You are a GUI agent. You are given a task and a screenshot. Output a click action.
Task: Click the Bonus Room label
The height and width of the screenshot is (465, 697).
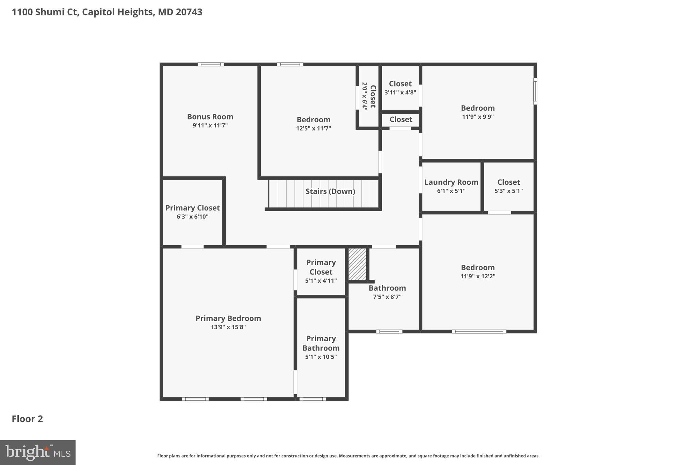[210, 117]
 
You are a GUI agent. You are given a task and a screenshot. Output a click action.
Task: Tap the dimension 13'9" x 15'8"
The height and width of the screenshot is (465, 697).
[228, 327]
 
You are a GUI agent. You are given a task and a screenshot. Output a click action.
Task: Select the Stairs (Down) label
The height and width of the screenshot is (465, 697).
[330, 191]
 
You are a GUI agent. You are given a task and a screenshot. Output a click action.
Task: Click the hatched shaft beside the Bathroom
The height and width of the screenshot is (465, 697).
[357, 264]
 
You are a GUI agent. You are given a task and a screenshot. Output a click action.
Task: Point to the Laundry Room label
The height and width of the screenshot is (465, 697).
[451, 182]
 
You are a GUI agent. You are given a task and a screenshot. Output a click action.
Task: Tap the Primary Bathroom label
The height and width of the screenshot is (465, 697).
[321, 343]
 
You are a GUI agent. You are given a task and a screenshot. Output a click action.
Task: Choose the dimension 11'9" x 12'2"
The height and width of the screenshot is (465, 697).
[477, 276]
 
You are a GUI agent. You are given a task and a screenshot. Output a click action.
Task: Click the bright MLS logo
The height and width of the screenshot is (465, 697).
[38, 452]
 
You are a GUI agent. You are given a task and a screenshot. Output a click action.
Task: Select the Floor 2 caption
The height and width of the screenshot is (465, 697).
[27, 419]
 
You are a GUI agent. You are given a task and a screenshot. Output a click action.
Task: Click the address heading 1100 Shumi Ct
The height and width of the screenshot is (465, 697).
[107, 12]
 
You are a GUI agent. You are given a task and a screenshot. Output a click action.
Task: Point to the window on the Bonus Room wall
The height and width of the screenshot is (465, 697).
[211, 64]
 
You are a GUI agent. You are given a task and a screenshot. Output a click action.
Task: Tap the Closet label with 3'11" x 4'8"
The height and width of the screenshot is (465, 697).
[400, 84]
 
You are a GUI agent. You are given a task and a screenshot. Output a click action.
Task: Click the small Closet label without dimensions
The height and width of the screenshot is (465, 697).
[401, 120]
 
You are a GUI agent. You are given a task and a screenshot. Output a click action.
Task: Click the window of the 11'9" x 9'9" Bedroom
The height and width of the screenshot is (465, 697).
[535, 91]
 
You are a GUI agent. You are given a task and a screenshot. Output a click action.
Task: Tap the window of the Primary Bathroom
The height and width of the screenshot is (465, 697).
[312, 399]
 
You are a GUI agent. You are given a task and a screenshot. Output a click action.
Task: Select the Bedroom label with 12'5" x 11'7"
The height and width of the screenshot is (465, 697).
[313, 120]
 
